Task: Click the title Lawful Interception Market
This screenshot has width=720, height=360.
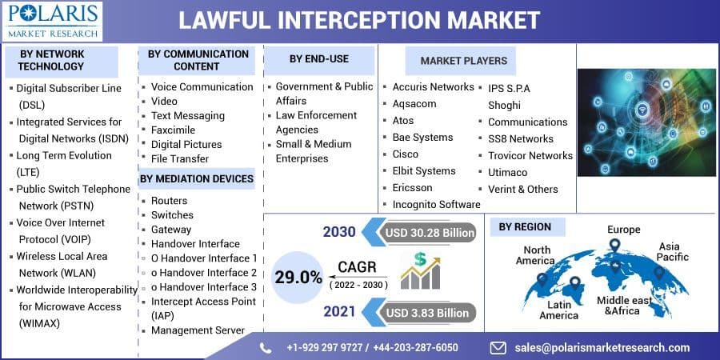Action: click(358, 19)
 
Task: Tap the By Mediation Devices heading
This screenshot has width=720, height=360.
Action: click(197, 178)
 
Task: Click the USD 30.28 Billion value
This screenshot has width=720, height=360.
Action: click(429, 233)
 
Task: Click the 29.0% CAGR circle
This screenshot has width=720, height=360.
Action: click(298, 278)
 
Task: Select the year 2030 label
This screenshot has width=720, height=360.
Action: click(339, 233)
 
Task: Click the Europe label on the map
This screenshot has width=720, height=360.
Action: click(623, 230)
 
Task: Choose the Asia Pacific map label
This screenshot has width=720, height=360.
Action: click(672, 252)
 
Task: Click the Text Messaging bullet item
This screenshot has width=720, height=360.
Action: click(187, 116)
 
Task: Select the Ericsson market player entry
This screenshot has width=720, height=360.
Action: click(412, 187)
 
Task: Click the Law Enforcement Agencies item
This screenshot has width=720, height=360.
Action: click(316, 122)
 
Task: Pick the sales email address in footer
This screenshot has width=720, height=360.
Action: click(602, 347)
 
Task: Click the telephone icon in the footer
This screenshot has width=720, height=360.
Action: click(266, 347)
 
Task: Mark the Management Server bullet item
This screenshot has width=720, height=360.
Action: click(198, 330)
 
